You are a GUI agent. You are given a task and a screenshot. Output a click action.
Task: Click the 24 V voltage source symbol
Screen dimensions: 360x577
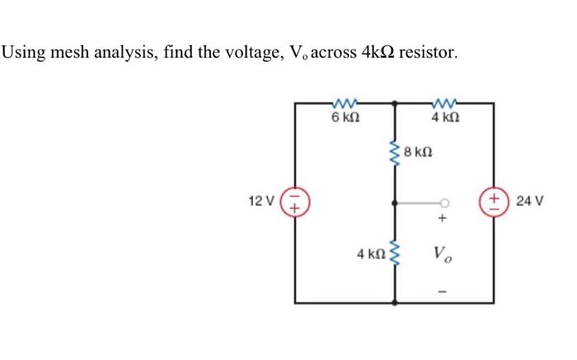[495, 202]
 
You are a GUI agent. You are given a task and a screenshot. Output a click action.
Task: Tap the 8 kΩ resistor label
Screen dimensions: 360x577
[419, 153]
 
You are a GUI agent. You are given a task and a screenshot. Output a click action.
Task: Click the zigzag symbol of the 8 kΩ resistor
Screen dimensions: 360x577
[396, 152]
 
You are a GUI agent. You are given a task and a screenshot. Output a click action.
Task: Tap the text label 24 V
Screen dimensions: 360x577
[528, 201]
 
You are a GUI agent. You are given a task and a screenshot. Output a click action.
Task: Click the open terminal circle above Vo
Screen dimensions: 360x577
[444, 202]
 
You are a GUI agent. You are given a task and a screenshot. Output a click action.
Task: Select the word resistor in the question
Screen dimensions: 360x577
[427, 54]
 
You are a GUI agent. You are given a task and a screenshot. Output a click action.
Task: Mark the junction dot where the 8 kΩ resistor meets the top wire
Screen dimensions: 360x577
[396, 104]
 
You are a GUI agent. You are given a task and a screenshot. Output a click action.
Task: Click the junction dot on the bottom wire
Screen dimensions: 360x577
[396, 302]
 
